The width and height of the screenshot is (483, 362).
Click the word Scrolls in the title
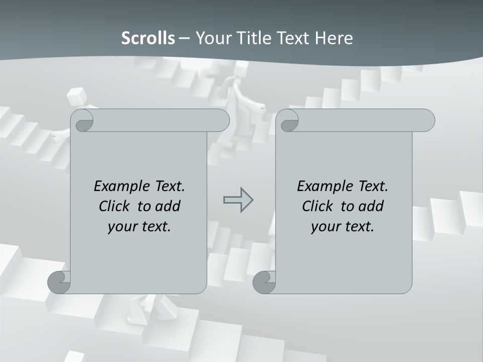(x=148, y=38)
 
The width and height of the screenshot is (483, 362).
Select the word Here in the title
(x=334, y=38)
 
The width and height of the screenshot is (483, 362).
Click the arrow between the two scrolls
(x=238, y=200)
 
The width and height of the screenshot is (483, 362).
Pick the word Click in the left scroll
(x=115, y=206)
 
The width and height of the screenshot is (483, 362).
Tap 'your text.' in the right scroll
(x=343, y=226)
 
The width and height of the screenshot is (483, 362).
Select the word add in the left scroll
(x=168, y=206)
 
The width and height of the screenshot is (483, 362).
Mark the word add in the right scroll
(x=371, y=206)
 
